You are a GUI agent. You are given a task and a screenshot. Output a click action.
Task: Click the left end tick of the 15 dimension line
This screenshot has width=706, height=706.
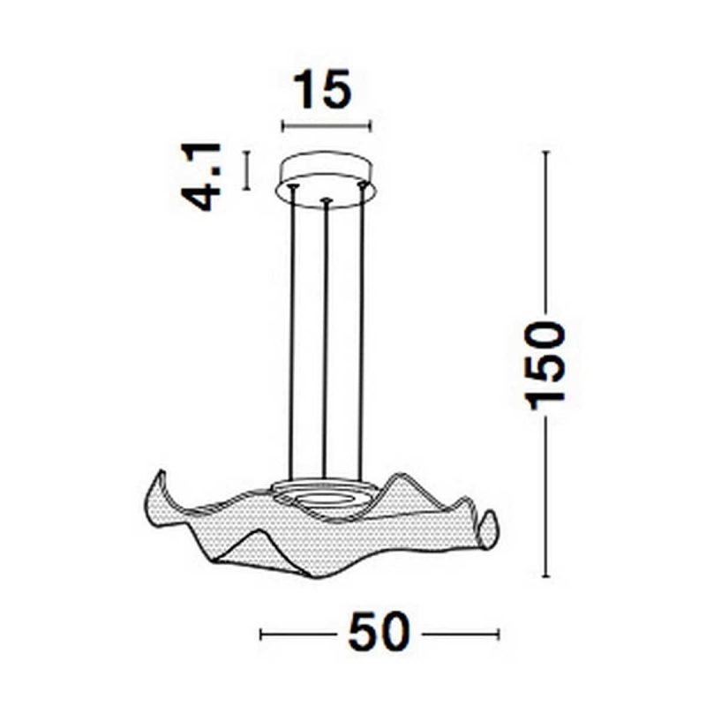(282, 126)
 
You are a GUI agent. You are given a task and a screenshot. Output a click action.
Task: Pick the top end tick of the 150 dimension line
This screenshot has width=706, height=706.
(546, 152)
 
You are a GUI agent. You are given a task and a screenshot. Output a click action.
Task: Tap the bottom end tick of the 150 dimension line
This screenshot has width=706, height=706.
(546, 577)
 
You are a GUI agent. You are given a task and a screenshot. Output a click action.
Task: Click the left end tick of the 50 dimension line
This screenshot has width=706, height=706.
(261, 633)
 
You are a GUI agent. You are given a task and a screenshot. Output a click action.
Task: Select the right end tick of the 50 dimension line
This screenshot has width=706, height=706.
(499, 633)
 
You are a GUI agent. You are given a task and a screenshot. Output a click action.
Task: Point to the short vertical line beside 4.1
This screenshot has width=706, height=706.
(248, 170)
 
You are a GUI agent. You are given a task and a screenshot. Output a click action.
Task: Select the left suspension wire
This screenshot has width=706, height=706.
(292, 335)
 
